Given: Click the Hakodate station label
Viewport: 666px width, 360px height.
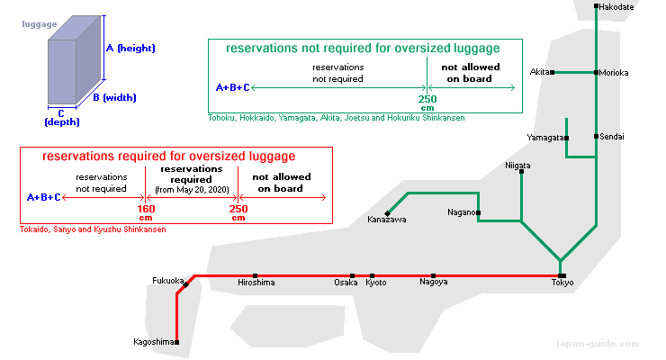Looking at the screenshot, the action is tap(616, 7).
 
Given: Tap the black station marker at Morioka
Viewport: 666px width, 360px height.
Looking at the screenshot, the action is tap(597, 73).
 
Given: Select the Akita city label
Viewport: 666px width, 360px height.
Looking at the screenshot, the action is tap(539, 72).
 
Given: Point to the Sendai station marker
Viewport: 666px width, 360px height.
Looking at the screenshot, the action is tap(597, 136).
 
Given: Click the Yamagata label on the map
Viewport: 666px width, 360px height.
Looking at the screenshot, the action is tap(545, 138).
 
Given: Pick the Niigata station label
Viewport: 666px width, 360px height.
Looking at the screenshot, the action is tap(517, 165).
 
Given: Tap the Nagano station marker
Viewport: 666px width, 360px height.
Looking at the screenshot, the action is tap(478, 212).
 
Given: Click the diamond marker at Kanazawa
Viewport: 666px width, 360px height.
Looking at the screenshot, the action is tap(387, 213).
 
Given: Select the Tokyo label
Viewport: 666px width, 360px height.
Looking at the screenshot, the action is tap(562, 283).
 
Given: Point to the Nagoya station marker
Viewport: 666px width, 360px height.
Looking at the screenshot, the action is tap(433, 276).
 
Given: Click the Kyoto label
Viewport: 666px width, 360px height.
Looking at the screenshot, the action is tap(376, 283).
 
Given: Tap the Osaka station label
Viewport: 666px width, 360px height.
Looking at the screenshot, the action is tap(346, 283).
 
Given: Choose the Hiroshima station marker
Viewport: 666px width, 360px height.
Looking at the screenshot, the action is tap(255, 276).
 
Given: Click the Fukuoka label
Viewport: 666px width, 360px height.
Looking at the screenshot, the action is tap(167, 281).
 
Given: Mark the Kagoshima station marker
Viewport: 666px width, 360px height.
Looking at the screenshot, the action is tap(176, 342).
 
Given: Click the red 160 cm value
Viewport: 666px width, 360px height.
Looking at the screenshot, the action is tap(146, 212).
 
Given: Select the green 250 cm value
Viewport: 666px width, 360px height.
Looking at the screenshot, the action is tap(427, 103).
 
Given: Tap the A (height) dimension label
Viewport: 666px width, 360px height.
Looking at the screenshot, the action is tap(130, 48).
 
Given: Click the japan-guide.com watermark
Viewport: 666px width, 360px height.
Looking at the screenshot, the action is tap(598, 344).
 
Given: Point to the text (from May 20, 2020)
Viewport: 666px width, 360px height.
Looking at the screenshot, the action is tap(192, 190).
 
